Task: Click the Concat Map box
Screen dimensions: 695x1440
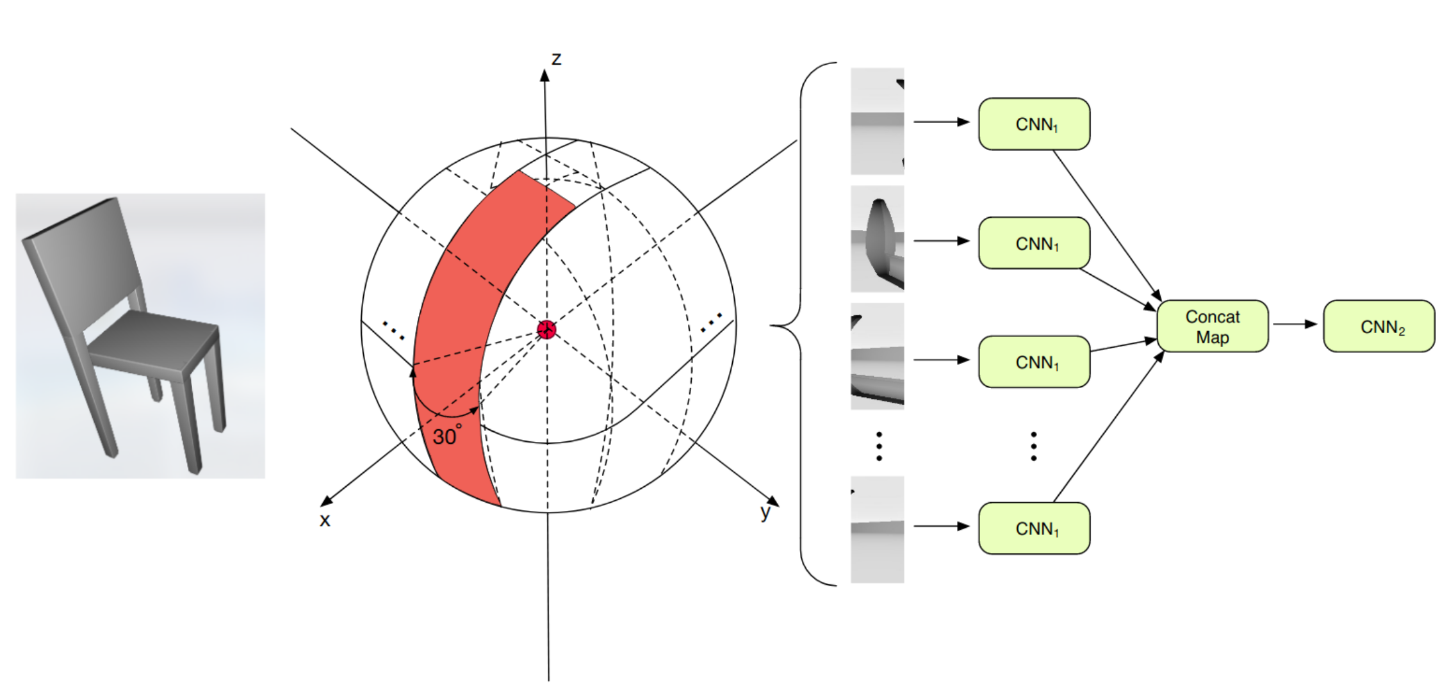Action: (x=1212, y=327)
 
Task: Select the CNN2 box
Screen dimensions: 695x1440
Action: (x=1379, y=327)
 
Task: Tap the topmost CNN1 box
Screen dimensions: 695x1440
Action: (x=1034, y=124)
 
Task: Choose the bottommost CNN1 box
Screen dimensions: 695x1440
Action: (x=1034, y=528)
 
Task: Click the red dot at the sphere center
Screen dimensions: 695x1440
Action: (x=546, y=330)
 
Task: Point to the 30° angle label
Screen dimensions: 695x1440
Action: (x=446, y=436)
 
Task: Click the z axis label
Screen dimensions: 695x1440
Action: (x=556, y=59)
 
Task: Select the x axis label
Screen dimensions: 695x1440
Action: (x=325, y=519)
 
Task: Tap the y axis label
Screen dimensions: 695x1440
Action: (x=765, y=512)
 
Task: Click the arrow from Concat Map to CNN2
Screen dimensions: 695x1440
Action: (x=1295, y=324)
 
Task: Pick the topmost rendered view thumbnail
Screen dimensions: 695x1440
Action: (x=877, y=121)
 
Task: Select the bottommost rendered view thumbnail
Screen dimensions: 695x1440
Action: (x=877, y=529)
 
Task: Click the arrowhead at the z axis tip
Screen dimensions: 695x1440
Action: (x=544, y=76)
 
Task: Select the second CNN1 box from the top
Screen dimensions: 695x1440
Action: (x=1034, y=243)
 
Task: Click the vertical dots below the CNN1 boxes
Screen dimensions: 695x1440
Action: (x=1033, y=446)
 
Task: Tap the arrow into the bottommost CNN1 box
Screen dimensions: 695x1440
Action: (x=941, y=527)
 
